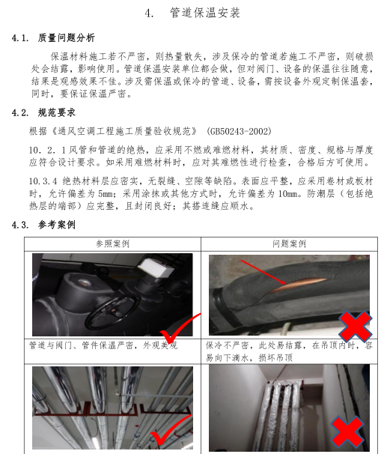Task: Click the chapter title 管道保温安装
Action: (205, 13)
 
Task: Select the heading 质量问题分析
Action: (67, 38)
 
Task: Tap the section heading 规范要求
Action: (57, 112)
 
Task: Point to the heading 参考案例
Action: (57, 225)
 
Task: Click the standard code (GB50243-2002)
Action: (239, 131)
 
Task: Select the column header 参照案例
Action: (112, 244)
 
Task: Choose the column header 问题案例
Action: (289, 244)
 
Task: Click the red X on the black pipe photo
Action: (355, 326)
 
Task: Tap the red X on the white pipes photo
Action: (347, 432)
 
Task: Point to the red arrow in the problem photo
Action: (263, 272)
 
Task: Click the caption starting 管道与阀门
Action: (103, 345)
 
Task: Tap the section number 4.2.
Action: (20, 113)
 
